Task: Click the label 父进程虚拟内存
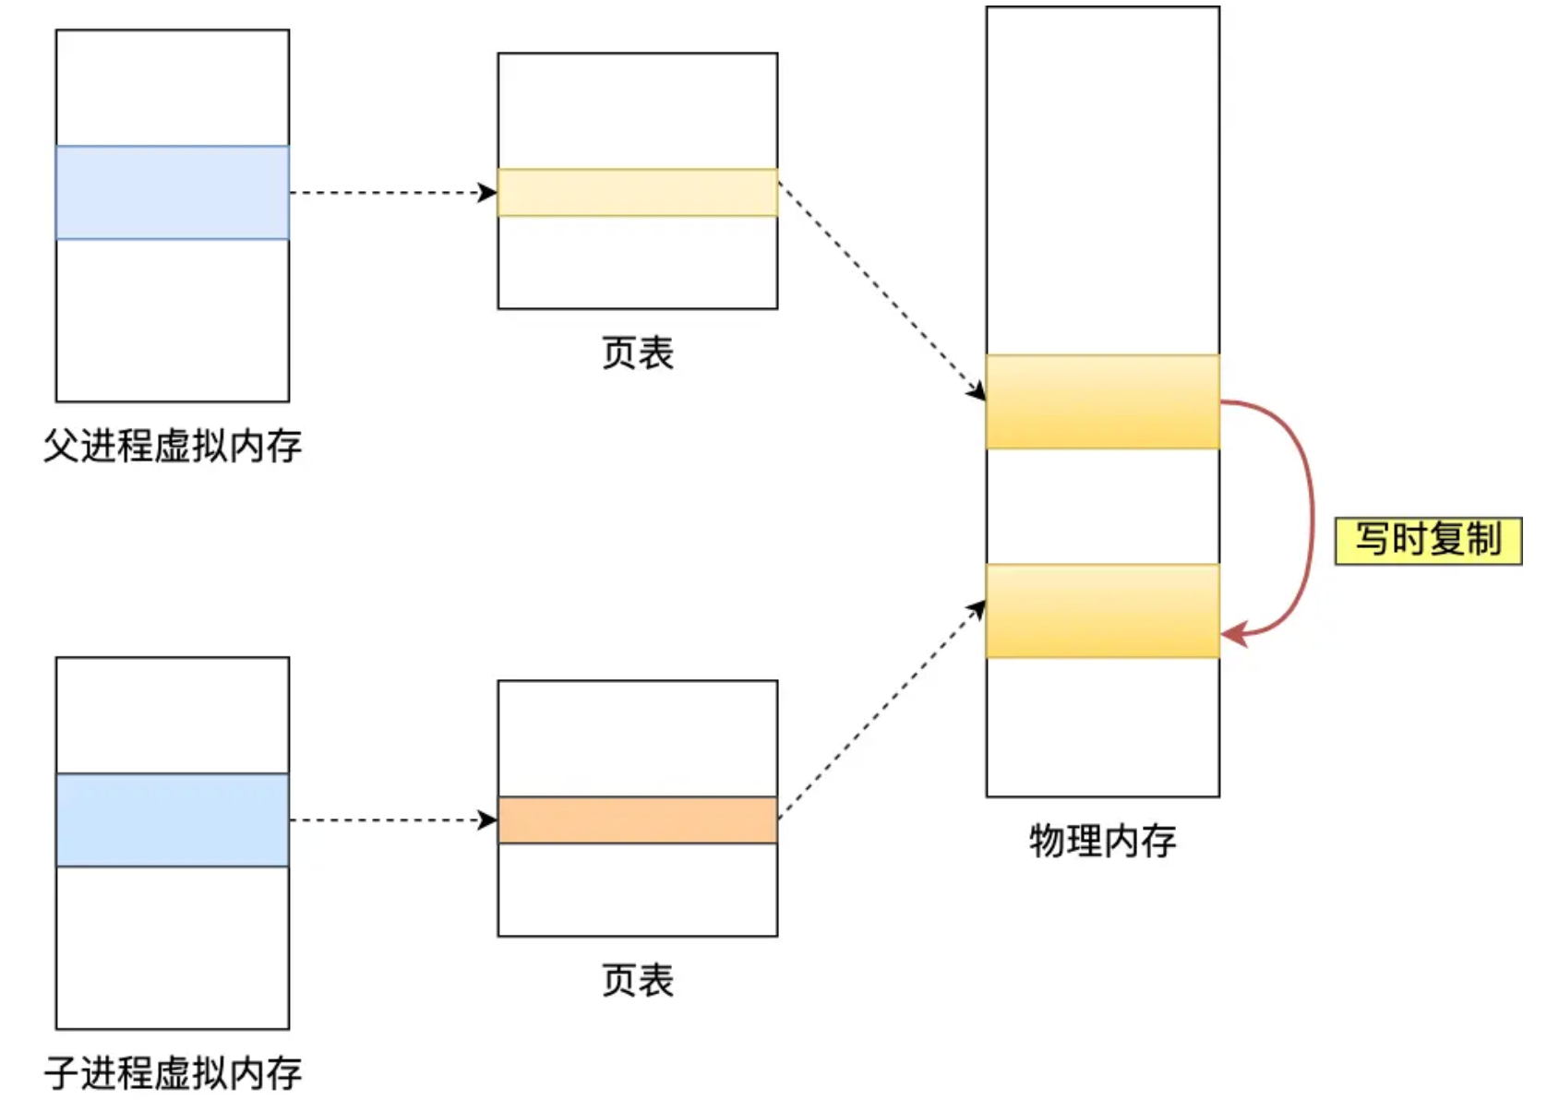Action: (173, 446)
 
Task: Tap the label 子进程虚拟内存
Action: (173, 1072)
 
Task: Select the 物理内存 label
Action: (1102, 841)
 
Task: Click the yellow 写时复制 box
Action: (1427, 540)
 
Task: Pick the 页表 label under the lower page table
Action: (637, 980)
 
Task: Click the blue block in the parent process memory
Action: (173, 192)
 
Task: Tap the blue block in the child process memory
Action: (173, 819)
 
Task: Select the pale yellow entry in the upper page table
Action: (637, 192)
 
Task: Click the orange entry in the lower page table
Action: (637, 819)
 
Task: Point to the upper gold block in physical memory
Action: (1102, 401)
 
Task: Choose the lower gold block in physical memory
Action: (1102, 610)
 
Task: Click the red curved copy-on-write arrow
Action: (1311, 517)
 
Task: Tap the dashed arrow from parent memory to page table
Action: (388, 192)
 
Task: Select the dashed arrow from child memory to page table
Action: (388, 819)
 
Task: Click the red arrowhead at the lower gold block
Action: (1234, 634)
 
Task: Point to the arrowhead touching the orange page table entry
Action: (488, 819)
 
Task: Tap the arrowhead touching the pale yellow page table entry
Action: (488, 192)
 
